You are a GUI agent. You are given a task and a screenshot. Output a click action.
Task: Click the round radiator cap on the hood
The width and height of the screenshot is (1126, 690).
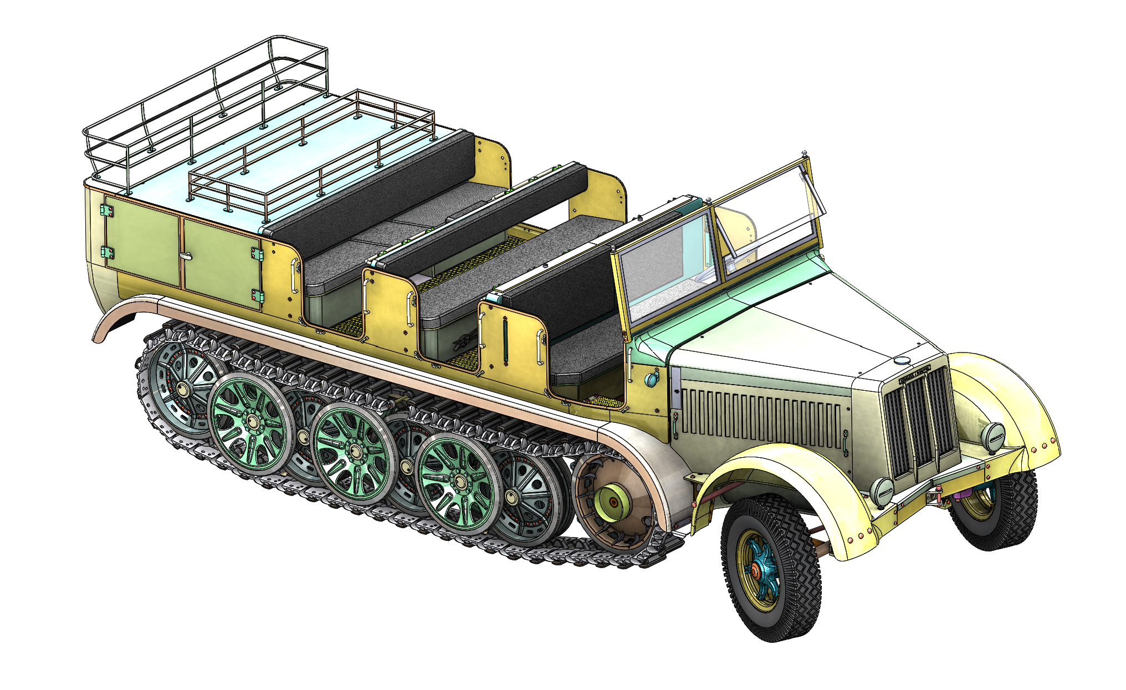coord(902,361)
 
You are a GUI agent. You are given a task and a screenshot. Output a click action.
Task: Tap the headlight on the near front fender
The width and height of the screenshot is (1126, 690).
coord(882,490)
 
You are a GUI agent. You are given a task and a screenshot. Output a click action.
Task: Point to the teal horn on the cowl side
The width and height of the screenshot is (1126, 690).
coord(652,380)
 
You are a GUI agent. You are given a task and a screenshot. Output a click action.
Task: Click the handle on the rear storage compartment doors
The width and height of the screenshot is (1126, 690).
coord(186,255)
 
